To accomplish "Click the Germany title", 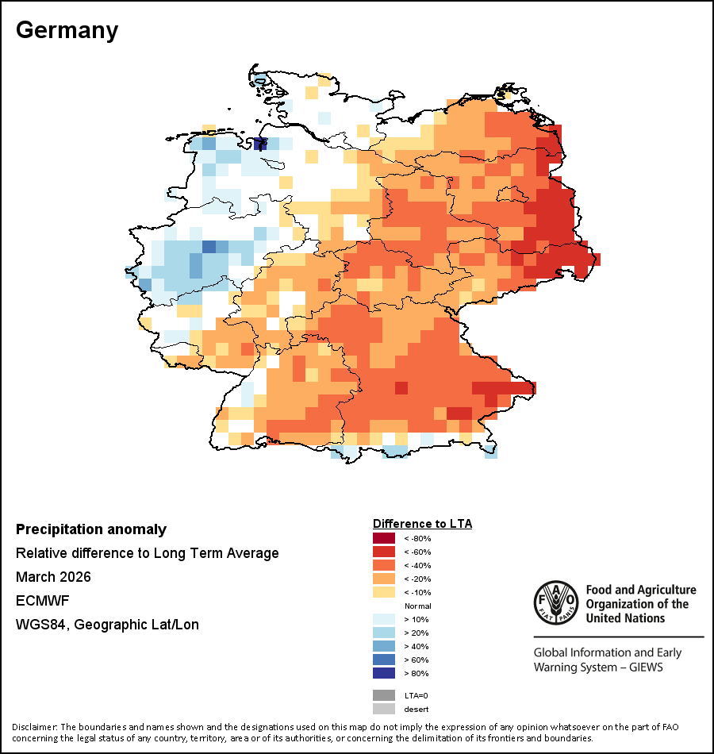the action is (x=67, y=31).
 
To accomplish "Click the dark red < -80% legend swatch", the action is (x=384, y=538).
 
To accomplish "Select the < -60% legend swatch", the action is (x=384, y=552).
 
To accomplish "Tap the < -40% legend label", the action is (x=417, y=565).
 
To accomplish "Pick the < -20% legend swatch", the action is (x=384, y=579).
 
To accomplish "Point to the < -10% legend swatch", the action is (x=384, y=592).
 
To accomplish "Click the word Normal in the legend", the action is (x=418, y=606).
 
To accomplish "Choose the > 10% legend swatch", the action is (x=384, y=619).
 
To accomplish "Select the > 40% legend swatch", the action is (x=384, y=646).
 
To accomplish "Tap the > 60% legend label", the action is (x=416, y=660).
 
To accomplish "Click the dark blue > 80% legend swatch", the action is (x=384, y=673).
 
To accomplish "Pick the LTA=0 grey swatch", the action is (x=384, y=695).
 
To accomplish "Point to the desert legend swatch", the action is (x=384, y=709).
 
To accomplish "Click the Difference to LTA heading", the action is (x=422, y=524).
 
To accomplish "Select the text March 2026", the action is (x=53, y=576).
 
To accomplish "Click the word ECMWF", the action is (x=42, y=601).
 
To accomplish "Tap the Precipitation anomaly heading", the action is (x=91, y=529).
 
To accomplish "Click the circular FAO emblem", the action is (x=556, y=602).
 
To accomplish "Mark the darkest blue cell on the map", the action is (x=260, y=144).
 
